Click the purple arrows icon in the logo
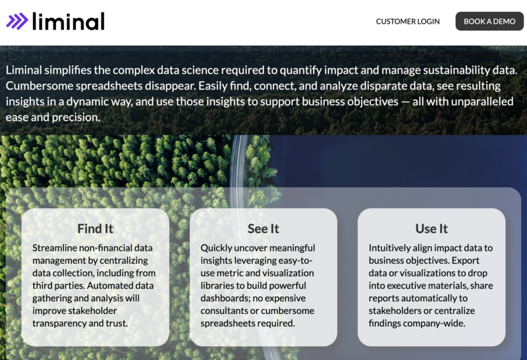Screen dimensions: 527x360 17,21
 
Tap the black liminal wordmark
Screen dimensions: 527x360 69,21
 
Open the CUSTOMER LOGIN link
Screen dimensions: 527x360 408,22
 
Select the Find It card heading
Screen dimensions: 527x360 95,228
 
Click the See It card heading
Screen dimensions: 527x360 263,228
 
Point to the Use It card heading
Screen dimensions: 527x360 431,228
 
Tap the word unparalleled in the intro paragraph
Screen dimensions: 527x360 482,101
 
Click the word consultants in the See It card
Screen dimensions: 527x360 227,311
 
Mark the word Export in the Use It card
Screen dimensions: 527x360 466,261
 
